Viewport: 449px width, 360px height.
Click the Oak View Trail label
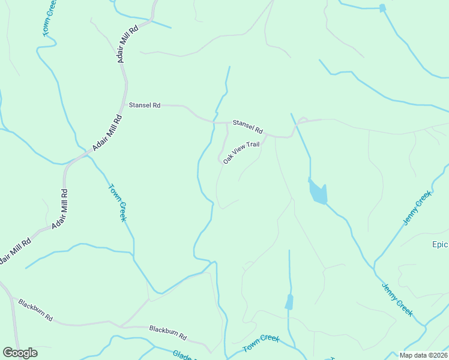coord(241,152)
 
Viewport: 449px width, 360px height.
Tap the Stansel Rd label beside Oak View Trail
coord(248,126)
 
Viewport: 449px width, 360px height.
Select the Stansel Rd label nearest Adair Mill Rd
coord(145,105)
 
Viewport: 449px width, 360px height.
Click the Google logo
coord(20,353)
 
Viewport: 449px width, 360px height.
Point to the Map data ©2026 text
coord(423,355)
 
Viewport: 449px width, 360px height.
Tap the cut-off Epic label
coord(440,244)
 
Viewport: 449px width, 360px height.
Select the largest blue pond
coord(318,192)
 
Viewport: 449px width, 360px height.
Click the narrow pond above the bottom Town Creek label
coord(289,302)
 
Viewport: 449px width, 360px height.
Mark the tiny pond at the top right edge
coord(382,8)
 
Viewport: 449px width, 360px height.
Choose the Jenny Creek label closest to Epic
coord(417,208)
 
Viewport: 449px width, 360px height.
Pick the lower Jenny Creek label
coord(397,299)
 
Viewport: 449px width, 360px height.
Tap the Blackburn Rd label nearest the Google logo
coord(35,309)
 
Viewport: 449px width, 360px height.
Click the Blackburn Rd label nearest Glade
coord(168,333)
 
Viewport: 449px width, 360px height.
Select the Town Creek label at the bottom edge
coord(261,344)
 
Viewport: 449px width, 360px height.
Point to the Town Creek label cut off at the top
coord(49,18)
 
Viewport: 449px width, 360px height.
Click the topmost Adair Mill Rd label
coord(128,44)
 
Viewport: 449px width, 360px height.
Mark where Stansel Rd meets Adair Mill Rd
coord(124,104)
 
